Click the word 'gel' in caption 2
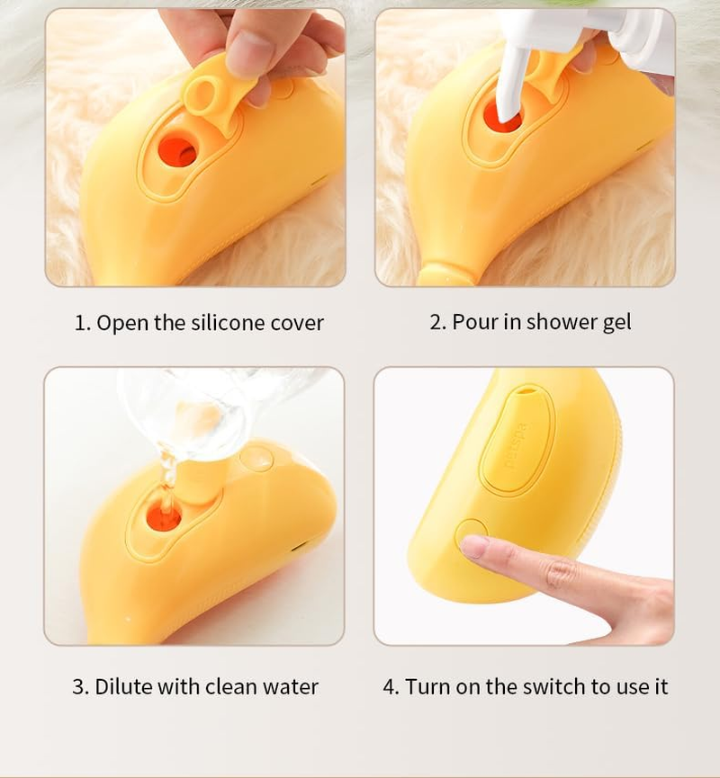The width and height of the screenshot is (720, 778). pos(616,322)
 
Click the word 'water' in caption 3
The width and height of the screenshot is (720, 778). pos(290,687)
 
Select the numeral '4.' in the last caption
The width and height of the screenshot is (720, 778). pos(391,687)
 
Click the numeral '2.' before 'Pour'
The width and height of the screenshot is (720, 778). pos(438,322)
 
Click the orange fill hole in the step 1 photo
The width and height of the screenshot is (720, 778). pos(176,150)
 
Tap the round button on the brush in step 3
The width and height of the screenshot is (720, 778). pos(257,458)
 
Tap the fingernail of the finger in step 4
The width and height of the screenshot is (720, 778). pos(475,546)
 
